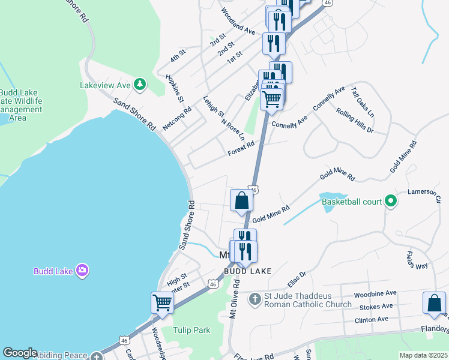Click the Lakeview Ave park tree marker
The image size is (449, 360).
click(x=140, y=84)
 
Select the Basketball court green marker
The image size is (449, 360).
click(x=391, y=201)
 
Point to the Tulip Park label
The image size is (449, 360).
click(x=191, y=330)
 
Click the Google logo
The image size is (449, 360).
click(x=19, y=353)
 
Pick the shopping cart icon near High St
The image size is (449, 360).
click(x=162, y=302)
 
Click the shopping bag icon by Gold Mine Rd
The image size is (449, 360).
click(x=241, y=200)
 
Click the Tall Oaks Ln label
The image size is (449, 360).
click(x=363, y=101)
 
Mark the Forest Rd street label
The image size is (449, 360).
click(x=241, y=148)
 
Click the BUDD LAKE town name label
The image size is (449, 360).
click(x=247, y=271)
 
